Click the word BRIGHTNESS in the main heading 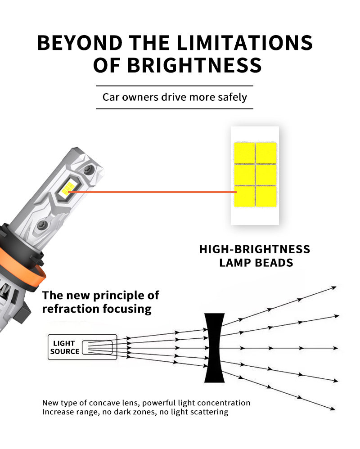coord(194,65)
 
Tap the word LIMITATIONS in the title coord(245,43)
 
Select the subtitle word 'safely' coord(232,97)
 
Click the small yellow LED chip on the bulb coord(67,189)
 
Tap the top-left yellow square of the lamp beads coord(244,153)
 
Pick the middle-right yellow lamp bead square coord(266,175)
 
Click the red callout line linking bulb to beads coord(153,192)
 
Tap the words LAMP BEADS coord(256,263)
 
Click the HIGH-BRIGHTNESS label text coord(255,249)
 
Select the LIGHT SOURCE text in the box coord(65,347)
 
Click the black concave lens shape coord(214,348)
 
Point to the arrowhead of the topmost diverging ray coord(334,287)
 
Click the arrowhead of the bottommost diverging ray coord(333,409)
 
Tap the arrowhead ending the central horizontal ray coord(335,348)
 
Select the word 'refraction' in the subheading coord(71,309)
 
